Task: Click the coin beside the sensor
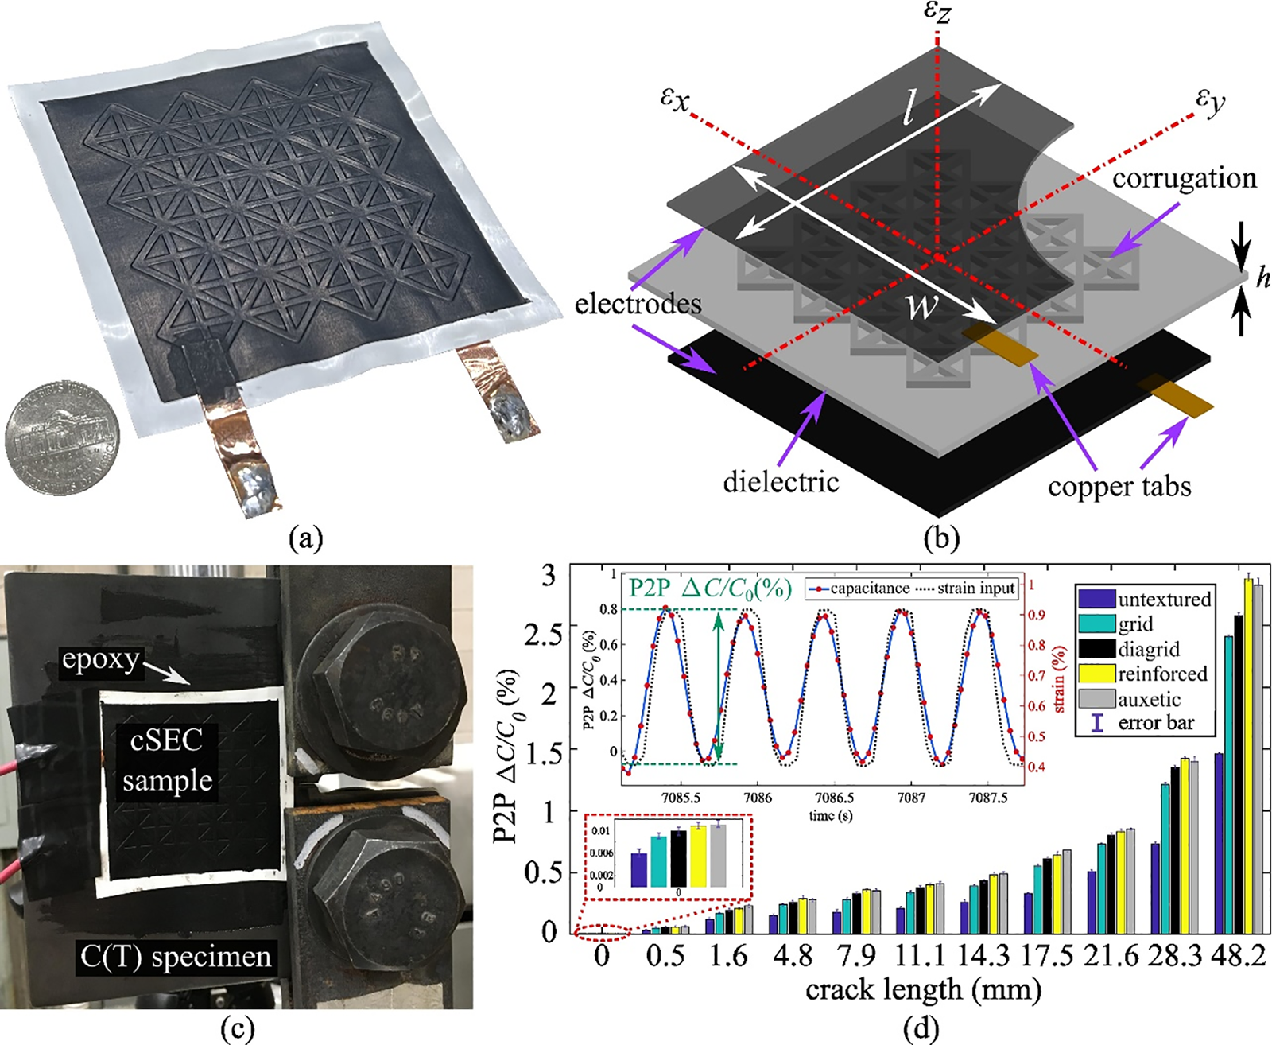pyautogui.click(x=62, y=437)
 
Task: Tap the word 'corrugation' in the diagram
pyautogui.click(x=1184, y=178)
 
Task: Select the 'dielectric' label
pyautogui.click(x=781, y=481)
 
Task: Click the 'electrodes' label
pyautogui.click(x=638, y=303)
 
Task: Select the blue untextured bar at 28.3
pyautogui.click(x=1155, y=888)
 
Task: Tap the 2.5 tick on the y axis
pyautogui.click(x=543, y=635)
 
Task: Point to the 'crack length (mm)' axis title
pyautogui.click(x=923, y=990)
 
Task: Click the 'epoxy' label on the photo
pyautogui.click(x=100, y=660)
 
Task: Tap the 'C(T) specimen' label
pyautogui.click(x=176, y=957)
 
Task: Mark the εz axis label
pyautogui.click(x=938, y=14)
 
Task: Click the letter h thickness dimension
pyautogui.click(x=1262, y=278)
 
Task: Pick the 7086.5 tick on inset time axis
pyautogui.click(x=834, y=798)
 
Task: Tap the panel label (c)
pyautogui.click(x=237, y=1030)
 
